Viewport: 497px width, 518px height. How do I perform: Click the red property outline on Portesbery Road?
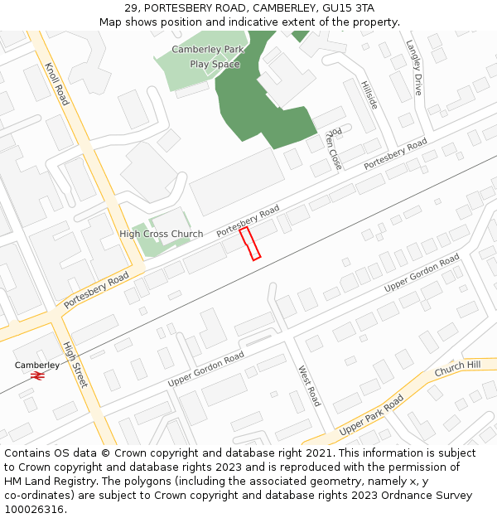click(250, 244)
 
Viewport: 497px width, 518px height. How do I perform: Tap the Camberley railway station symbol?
click(36, 375)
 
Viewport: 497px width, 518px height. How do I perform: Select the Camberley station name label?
click(37, 365)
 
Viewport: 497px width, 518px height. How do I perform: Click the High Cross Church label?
click(161, 234)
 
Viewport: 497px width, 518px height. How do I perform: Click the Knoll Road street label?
click(56, 83)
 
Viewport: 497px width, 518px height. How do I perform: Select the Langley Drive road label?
click(413, 67)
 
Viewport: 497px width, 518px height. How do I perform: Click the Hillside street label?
click(369, 95)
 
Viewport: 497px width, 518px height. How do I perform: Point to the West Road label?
click(308, 385)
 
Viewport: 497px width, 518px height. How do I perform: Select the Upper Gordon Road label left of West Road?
click(205, 369)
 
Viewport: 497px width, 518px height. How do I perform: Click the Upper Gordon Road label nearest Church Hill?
click(422, 274)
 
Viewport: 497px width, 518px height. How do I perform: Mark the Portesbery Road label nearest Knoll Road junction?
click(96, 289)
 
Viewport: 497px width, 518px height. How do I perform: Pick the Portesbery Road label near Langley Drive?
click(395, 154)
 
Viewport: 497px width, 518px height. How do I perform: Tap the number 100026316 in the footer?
click(34, 509)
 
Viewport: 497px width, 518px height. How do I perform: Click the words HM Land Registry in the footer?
click(45, 481)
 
